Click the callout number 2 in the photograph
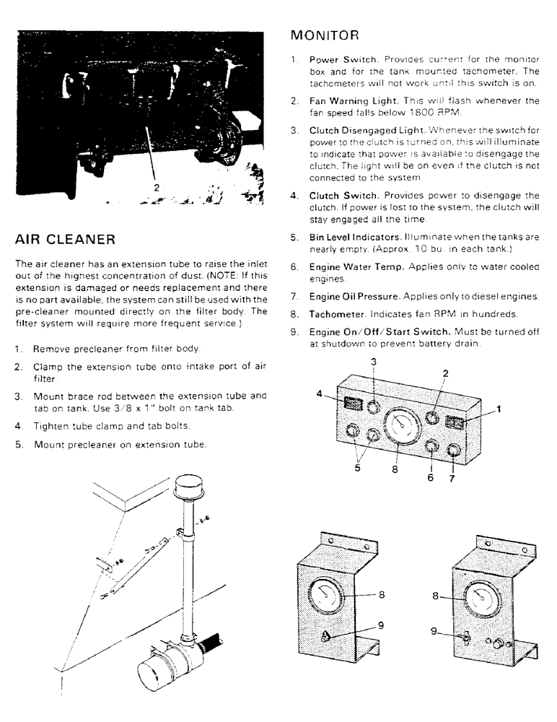coord(157,187)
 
